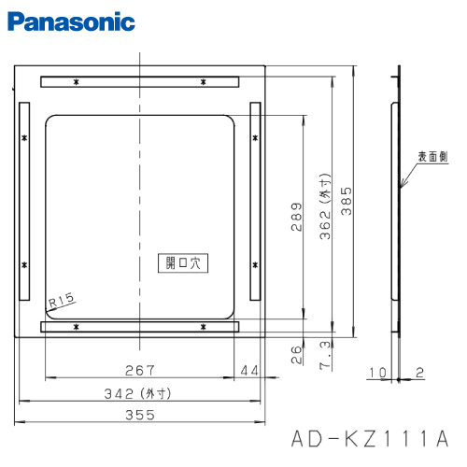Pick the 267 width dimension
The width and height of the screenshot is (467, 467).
coord(138,371)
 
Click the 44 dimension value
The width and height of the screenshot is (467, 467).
coord(249,371)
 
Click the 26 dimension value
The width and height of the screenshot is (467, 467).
coord(296,353)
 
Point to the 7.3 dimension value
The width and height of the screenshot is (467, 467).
coord(324,355)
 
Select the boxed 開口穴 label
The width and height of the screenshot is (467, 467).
coord(182,264)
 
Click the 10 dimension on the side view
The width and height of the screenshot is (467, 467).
coord(375,373)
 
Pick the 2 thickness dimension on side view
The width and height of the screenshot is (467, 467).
coord(420,373)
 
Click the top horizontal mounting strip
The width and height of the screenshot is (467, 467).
coord(140,83)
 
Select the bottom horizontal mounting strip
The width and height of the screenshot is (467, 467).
coord(140,327)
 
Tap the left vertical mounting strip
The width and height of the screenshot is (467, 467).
coord(21,203)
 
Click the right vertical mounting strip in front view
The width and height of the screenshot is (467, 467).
coord(254,203)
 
